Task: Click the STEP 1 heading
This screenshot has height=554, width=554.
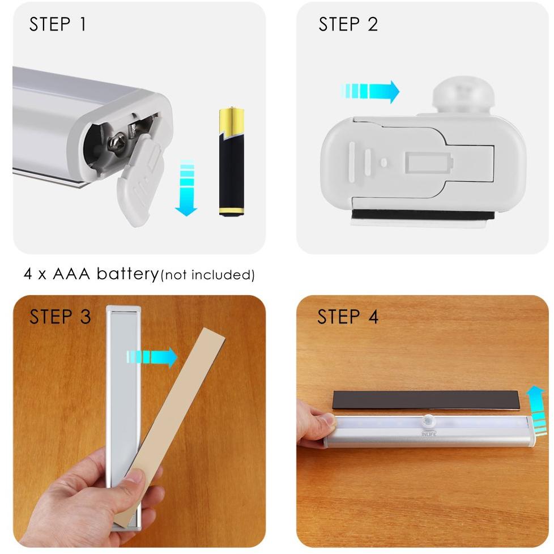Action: click(x=58, y=25)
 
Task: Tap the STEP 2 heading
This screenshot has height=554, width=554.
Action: click(x=348, y=25)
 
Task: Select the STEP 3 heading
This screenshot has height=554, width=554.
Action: click(x=60, y=317)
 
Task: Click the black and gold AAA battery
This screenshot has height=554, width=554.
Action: click(x=231, y=162)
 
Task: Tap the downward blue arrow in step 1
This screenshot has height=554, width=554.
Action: click(x=186, y=189)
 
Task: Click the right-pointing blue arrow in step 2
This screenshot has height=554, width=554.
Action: click(x=371, y=91)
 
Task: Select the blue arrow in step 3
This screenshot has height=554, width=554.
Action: click(x=152, y=357)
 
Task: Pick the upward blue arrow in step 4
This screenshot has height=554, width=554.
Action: click(x=536, y=411)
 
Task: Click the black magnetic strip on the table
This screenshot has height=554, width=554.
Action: click(x=425, y=400)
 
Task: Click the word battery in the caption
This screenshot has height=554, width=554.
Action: click(x=127, y=274)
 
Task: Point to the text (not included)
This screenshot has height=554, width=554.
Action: click(x=208, y=275)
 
